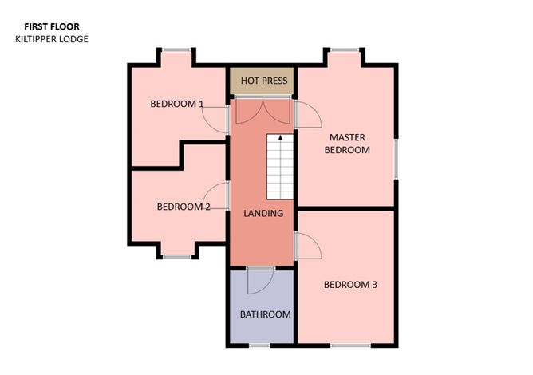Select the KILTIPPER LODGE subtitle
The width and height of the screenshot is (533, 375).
(x=52, y=38)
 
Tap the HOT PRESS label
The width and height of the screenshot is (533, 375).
(x=263, y=81)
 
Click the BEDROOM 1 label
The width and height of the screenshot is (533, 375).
(x=177, y=104)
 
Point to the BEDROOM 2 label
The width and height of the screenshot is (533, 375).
(x=183, y=207)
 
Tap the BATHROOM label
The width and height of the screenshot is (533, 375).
(x=265, y=314)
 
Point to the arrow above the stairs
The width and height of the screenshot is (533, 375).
(x=280, y=141)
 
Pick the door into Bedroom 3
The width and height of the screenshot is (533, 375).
(x=308, y=246)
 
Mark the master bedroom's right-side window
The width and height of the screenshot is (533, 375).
(x=395, y=158)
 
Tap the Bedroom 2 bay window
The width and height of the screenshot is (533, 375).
(x=178, y=256)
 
